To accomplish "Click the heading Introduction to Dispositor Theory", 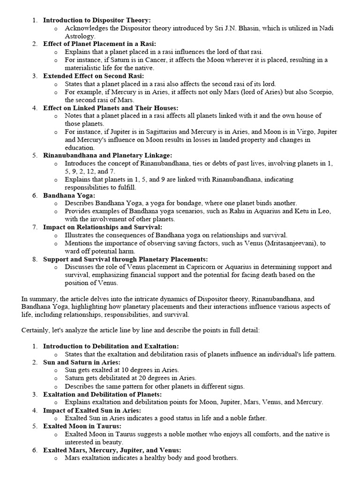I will pos(97,20).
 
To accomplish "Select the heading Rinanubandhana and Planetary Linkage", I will pos(107,155).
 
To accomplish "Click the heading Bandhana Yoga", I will pos(69,195).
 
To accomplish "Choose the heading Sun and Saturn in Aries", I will pos(82,362).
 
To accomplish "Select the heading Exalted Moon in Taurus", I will pos(82,426).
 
